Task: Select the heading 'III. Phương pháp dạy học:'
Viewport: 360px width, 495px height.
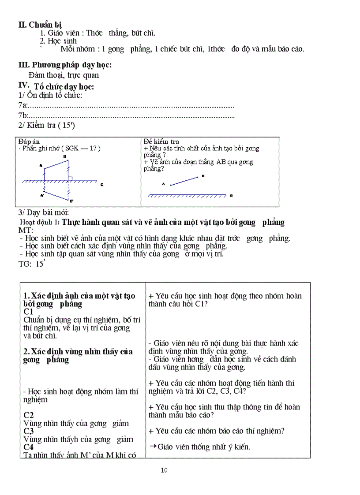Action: [65, 65]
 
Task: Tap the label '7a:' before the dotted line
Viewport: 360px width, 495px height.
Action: [23, 105]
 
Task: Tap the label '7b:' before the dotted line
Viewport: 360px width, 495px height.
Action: [23, 116]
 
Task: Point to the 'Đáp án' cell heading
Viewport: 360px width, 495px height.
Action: [29, 141]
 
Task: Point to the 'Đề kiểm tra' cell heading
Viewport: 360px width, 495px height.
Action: [161, 141]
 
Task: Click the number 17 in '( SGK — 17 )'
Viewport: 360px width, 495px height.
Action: [93, 149]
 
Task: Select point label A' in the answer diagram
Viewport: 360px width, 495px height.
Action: [42, 194]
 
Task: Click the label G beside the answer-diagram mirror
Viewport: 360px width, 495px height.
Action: [101, 184]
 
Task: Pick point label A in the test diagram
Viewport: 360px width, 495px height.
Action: [164, 184]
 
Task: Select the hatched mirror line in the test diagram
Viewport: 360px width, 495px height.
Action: [187, 195]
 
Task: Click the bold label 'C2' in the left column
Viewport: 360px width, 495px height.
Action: [29, 415]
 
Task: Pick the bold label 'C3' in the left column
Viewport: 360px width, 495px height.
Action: [29, 431]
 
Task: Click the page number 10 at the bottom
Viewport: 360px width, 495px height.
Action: [164, 470]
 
